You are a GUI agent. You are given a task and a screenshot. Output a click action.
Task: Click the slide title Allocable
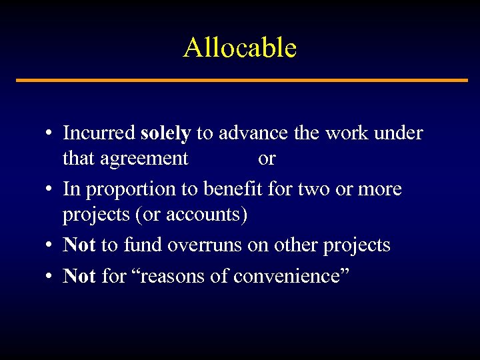(240, 48)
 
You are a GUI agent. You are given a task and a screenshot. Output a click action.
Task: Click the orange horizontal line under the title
(241, 81)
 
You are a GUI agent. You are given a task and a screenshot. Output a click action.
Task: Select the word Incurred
(99, 133)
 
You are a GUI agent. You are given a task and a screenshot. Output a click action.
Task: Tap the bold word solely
(166, 133)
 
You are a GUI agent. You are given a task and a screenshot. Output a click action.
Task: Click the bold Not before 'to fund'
(79, 245)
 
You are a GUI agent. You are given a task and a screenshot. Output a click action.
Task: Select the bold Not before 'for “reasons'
(79, 275)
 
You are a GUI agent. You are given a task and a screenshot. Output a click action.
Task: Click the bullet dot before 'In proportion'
(49, 190)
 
